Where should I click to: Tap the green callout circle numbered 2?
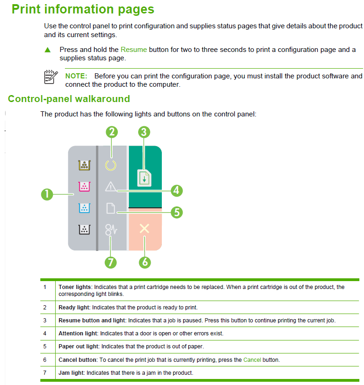111,132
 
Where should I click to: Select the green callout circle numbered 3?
144,132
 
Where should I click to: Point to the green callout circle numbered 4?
176,190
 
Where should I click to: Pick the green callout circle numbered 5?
176,212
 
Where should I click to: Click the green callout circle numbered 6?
145,262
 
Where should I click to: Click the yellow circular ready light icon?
111,165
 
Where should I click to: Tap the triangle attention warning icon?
111,186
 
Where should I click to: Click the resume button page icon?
145,178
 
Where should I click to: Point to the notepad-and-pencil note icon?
51,77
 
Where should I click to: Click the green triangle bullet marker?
47,50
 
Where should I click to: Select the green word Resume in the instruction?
134,50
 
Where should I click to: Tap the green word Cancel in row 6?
252,359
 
